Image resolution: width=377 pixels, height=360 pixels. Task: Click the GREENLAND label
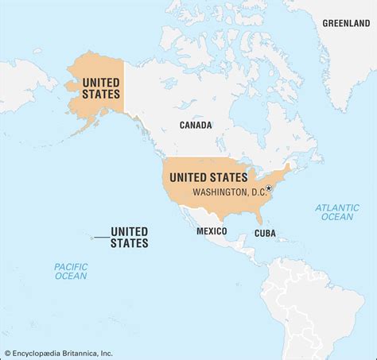pyautogui.click(x=346, y=23)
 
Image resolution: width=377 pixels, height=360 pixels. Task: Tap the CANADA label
pyautogui.click(x=196, y=126)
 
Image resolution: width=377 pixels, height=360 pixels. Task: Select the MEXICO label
pyautogui.click(x=212, y=231)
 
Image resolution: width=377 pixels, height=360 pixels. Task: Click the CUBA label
pyautogui.click(x=265, y=234)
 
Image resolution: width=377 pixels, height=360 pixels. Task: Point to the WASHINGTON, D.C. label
pyautogui.click(x=228, y=192)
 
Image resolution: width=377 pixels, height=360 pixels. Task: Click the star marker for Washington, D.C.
pyautogui.click(x=269, y=188)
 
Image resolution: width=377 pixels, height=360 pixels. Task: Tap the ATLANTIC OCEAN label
pyautogui.click(x=336, y=212)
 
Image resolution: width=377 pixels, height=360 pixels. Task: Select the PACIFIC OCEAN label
pyautogui.click(x=71, y=271)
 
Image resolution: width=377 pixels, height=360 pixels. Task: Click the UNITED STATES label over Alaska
pyautogui.click(x=95, y=88)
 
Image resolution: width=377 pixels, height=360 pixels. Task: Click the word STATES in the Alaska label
pyautogui.click(x=95, y=95)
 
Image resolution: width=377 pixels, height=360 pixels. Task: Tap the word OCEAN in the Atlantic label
pyautogui.click(x=336, y=217)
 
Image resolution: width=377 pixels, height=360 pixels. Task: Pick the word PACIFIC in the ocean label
pyautogui.click(x=71, y=266)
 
